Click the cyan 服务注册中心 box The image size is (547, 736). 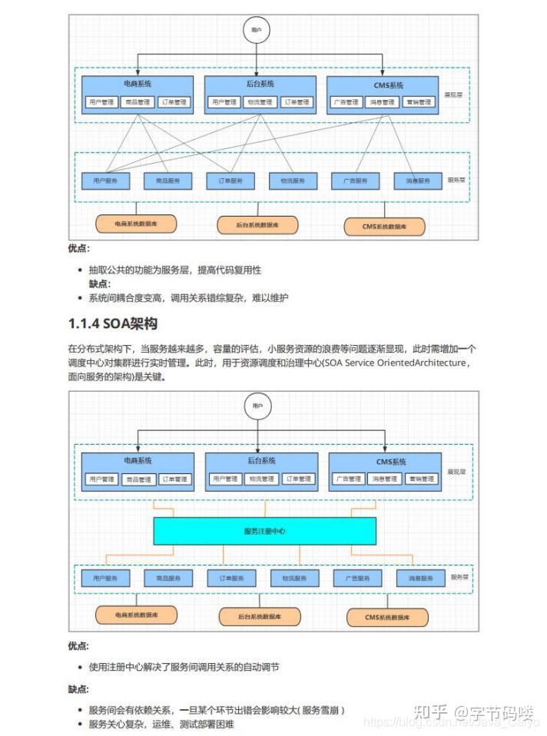point(264,531)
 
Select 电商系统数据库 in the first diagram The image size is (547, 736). point(136,224)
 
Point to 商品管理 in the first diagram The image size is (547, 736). point(138,101)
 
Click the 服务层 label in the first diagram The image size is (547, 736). point(457,180)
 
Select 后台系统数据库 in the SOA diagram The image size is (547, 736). point(259,616)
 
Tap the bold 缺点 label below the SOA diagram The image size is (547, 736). point(78,689)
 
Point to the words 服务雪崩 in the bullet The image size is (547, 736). point(323,710)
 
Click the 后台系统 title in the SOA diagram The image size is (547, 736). point(262,461)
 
